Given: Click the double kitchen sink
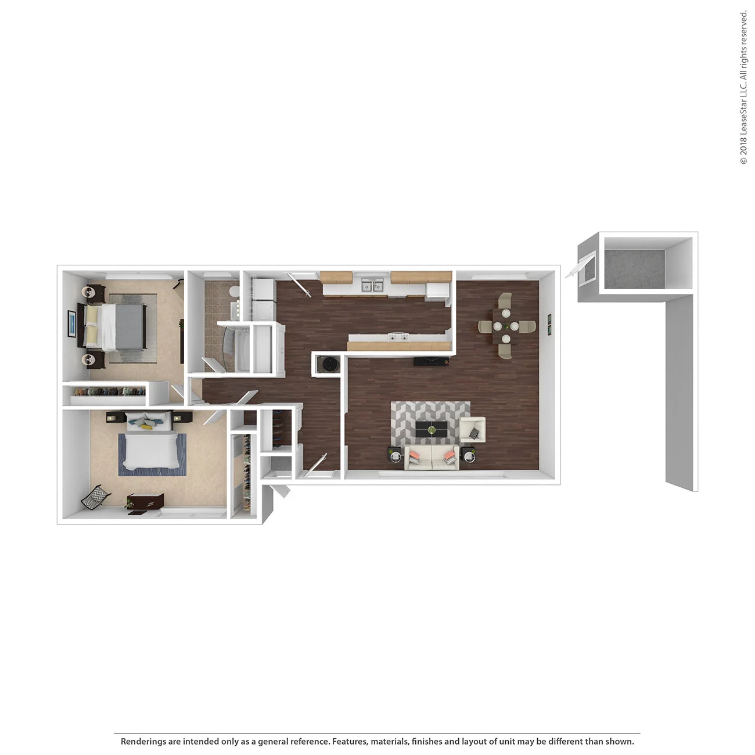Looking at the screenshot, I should tap(371, 285).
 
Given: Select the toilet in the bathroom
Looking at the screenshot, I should tap(233, 290).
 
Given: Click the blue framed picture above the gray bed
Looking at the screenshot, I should tap(71, 323).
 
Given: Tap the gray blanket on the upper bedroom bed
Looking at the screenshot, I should tap(130, 327).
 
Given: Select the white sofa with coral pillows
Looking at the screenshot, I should tap(431, 457).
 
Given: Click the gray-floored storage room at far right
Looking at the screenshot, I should tap(634, 266).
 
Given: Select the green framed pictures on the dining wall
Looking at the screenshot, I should tap(549, 324).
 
